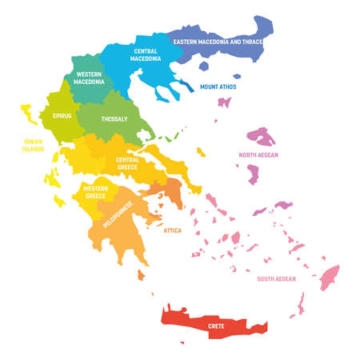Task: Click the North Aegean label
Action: pyautogui.click(x=258, y=155)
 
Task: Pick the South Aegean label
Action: pyautogui.click(x=276, y=279)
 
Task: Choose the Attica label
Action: pyautogui.click(x=172, y=230)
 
